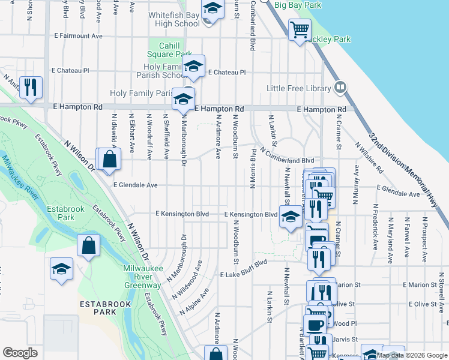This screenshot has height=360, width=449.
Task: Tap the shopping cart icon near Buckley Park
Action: tap(299, 29)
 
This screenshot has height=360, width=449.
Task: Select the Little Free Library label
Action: tap(299, 89)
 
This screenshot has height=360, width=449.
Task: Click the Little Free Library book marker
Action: tap(340, 88)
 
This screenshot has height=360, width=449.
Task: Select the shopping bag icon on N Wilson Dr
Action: tap(109, 160)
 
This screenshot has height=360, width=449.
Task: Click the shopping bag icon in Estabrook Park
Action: tap(88, 246)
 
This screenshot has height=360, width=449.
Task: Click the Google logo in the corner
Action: tap(20, 353)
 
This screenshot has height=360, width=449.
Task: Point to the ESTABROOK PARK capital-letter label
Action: tap(104, 308)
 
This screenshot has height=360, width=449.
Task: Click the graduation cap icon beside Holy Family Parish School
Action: tap(193, 67)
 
